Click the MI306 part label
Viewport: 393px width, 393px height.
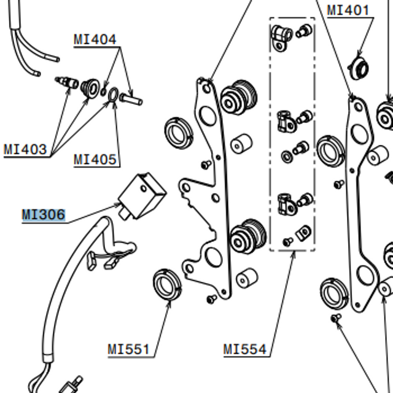pos(43,215)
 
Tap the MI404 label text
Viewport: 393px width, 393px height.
pos(95,40)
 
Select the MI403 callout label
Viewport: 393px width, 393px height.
pos(25,149)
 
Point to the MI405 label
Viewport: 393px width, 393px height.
pos(95,160)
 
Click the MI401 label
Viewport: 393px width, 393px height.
pos(348,10)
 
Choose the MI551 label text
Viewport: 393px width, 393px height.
pos(129,350)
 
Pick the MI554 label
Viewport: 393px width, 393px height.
pos(245,350)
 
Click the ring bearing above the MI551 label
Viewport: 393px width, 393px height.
pos(166,285)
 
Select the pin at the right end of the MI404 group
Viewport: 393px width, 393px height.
pos(131,97)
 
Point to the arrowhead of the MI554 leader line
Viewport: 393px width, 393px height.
pos(294,252)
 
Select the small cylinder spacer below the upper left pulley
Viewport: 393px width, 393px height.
pos(240,145)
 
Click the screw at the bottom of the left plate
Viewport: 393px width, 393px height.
pos(212,298)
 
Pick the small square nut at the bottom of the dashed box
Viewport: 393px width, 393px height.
pos(302,233)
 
